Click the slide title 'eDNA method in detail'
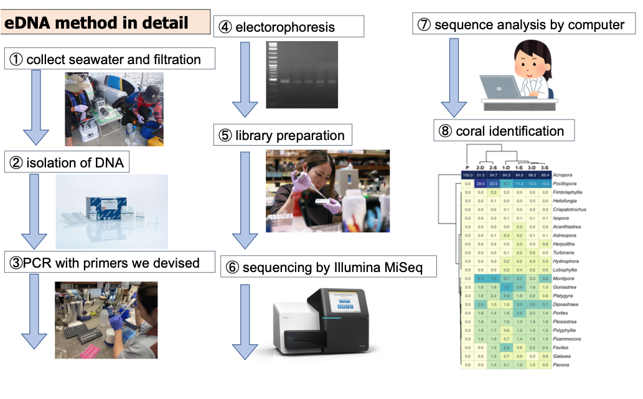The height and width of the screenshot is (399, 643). pos(96,24)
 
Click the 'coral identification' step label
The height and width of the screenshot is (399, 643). pos(510,131)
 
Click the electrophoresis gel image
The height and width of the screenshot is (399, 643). pos(301,75)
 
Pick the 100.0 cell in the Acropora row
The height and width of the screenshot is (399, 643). pos(466,176)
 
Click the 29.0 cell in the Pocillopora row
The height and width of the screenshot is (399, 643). pos(481,184)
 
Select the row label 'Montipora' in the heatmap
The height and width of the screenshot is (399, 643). pos(565,279)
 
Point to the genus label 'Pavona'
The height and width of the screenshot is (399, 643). pos(561,364)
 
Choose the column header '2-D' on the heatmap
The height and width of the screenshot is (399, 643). pos(481,167)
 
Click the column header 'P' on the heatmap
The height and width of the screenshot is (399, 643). pos(466,167)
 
